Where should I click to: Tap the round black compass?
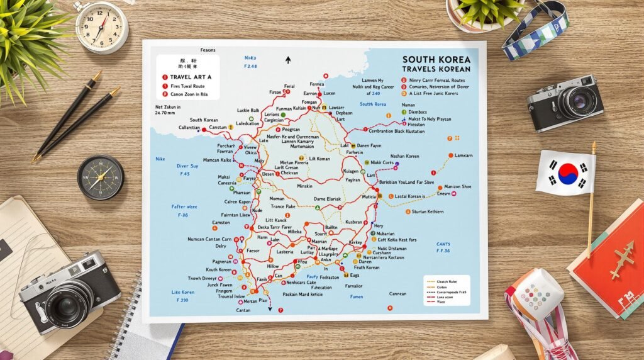101,177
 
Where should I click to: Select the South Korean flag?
565,172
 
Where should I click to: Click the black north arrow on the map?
288,60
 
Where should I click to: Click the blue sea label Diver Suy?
187,167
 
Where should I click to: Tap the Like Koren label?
183,292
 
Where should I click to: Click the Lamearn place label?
464,155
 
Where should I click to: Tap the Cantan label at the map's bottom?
243,310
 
